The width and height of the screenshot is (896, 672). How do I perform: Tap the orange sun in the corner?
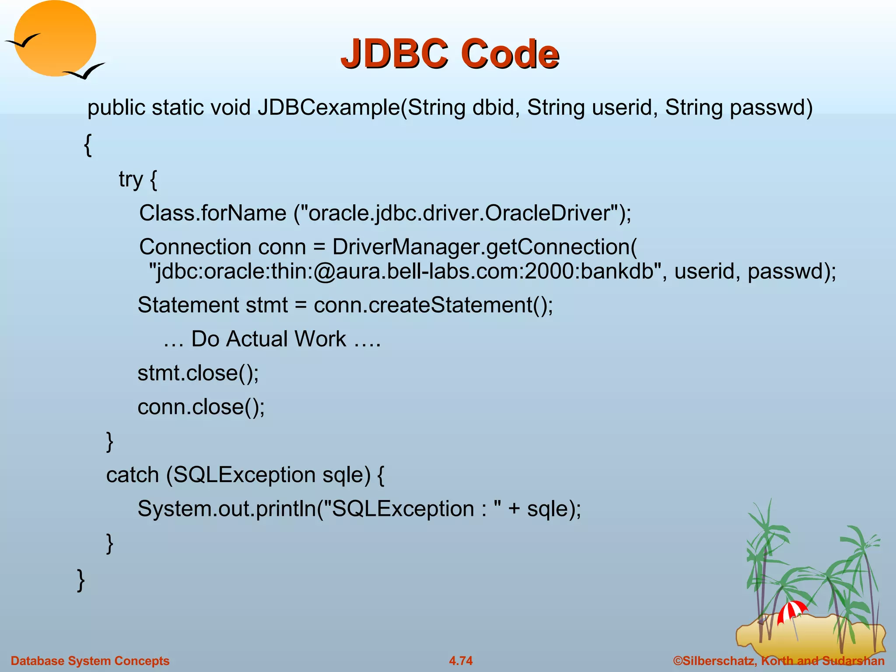tap(55, 38)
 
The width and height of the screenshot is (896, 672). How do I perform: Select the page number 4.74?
tap(461, 661)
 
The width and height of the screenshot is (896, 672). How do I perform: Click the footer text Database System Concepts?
tap(90, 661)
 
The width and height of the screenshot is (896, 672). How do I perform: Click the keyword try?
tap(131, 179)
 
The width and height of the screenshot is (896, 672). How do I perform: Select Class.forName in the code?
tap(213, 213)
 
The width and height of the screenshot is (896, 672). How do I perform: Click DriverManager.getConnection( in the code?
tap(484, 247)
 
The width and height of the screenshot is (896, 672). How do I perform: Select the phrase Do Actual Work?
tap(268, 339)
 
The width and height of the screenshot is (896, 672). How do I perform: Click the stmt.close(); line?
tap(198, 373)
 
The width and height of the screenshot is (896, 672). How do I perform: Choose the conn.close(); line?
tap(201, 407)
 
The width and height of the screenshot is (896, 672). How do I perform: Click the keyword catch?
tap(132, 475)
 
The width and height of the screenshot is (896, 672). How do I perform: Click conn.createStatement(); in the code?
tap(433, 305)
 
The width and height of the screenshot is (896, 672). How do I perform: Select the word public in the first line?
tap(116, 108)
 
